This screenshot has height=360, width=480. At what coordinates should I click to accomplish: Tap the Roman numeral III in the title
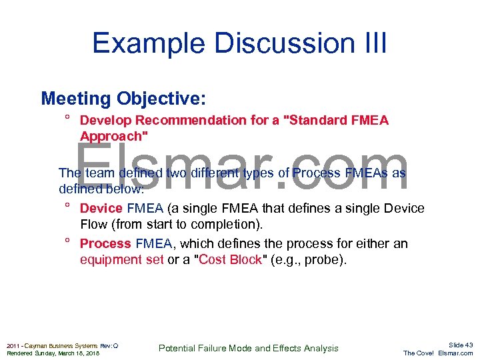click(370, 43)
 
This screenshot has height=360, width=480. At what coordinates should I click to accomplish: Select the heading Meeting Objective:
click(123, 99)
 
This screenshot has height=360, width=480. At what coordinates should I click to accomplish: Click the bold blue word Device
click(101, 209)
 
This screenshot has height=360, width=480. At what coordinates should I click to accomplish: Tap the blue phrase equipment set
click(121, 259)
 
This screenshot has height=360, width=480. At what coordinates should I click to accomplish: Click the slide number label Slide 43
click(460, 345)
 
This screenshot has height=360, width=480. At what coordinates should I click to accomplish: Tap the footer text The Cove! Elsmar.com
click(438, 353)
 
